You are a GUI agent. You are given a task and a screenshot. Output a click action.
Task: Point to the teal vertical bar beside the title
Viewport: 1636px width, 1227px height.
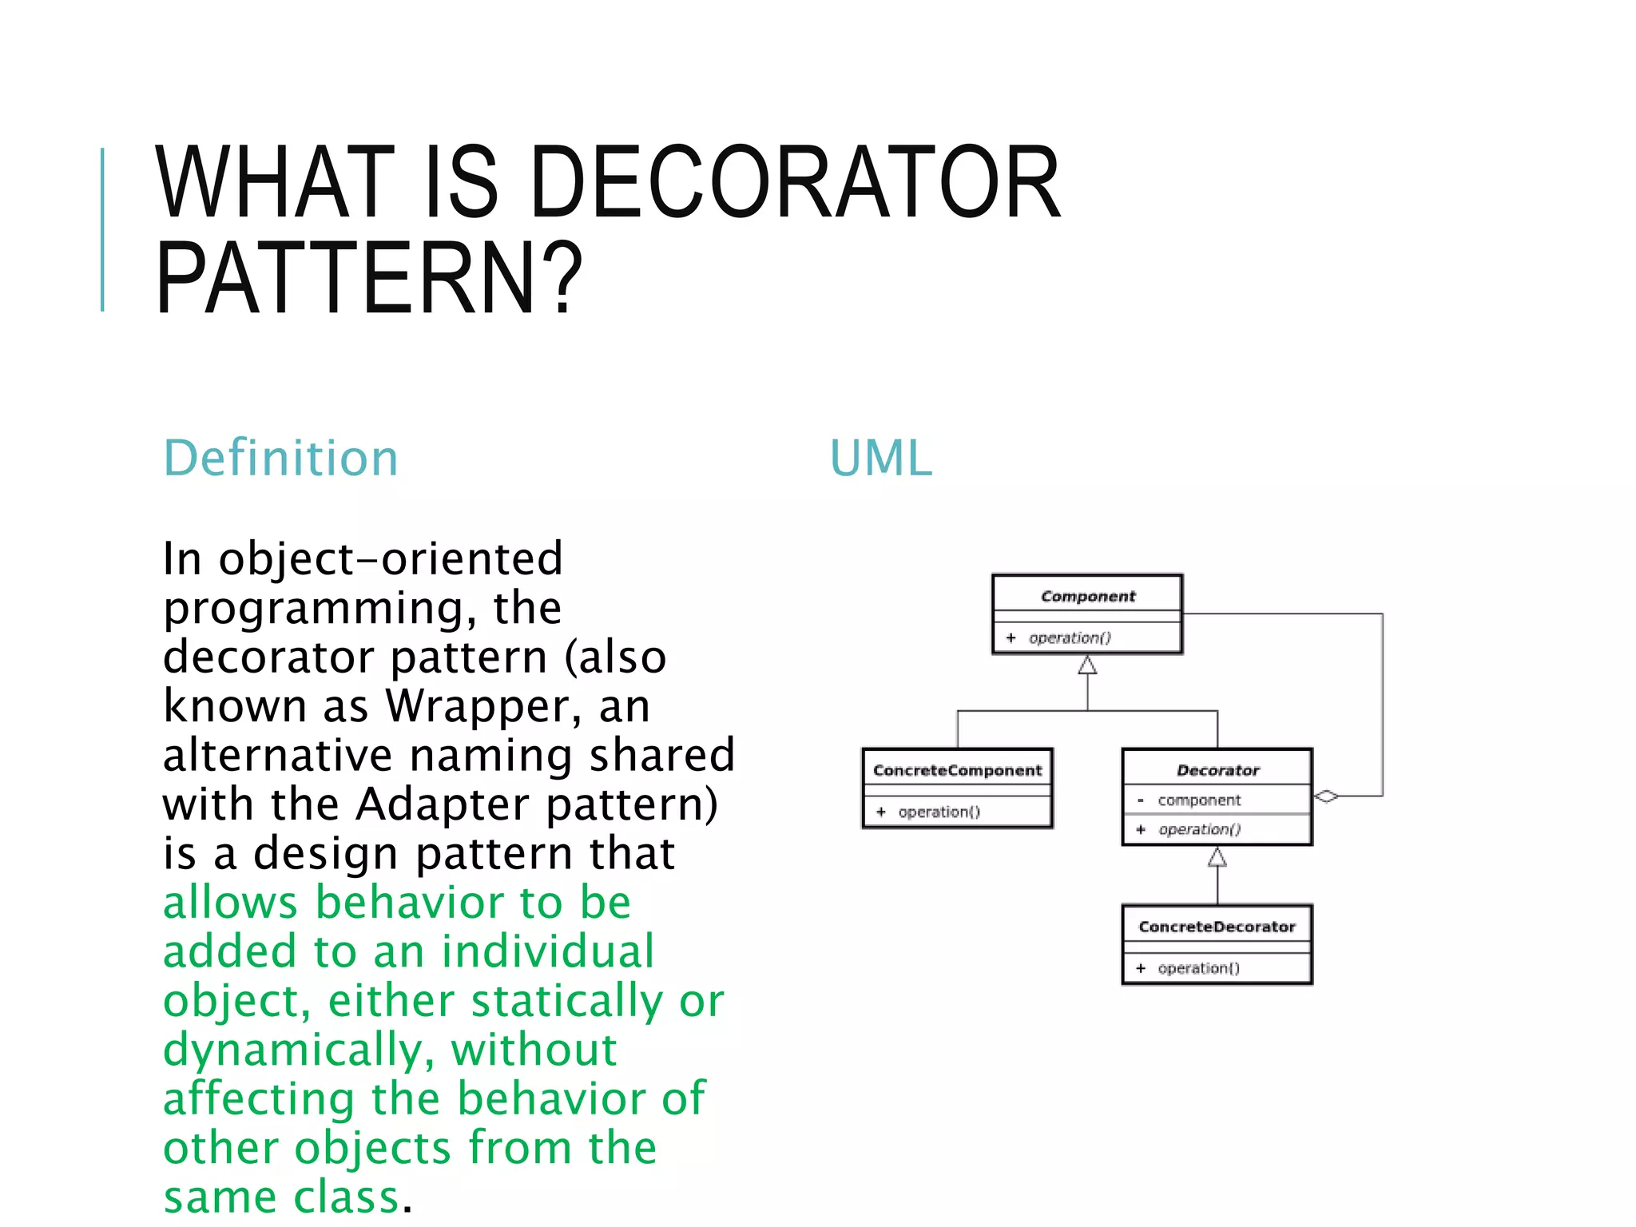coord(102,229)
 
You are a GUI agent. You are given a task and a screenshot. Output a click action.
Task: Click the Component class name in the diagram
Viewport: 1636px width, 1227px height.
coord(1087,596)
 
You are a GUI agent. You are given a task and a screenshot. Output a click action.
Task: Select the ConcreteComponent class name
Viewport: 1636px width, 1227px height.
coord(957,770)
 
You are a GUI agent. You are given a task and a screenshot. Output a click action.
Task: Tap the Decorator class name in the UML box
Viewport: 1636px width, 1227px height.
coord(1217,770)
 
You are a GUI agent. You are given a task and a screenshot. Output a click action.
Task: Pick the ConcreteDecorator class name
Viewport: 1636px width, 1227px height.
coord(1217,927)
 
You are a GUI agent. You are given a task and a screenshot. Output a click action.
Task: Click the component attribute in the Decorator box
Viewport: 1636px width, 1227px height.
coord(1199,800)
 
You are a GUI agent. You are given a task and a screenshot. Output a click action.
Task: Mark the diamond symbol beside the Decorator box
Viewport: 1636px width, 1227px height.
coord(1326,796)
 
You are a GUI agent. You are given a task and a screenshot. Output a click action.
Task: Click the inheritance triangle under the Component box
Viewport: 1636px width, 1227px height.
coord(1087,665)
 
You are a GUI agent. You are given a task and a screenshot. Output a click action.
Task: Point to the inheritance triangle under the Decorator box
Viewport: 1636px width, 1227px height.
coord(1217,857)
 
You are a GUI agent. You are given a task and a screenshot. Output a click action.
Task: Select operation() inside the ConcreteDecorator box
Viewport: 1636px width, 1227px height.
coord(1198,968)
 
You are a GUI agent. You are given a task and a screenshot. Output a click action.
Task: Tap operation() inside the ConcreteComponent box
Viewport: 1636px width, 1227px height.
coord(939,812)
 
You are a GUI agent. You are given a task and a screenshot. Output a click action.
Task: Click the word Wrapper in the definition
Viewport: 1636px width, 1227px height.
coord(478,705)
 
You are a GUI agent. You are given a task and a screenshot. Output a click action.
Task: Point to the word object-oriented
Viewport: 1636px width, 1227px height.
coord(391,558)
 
